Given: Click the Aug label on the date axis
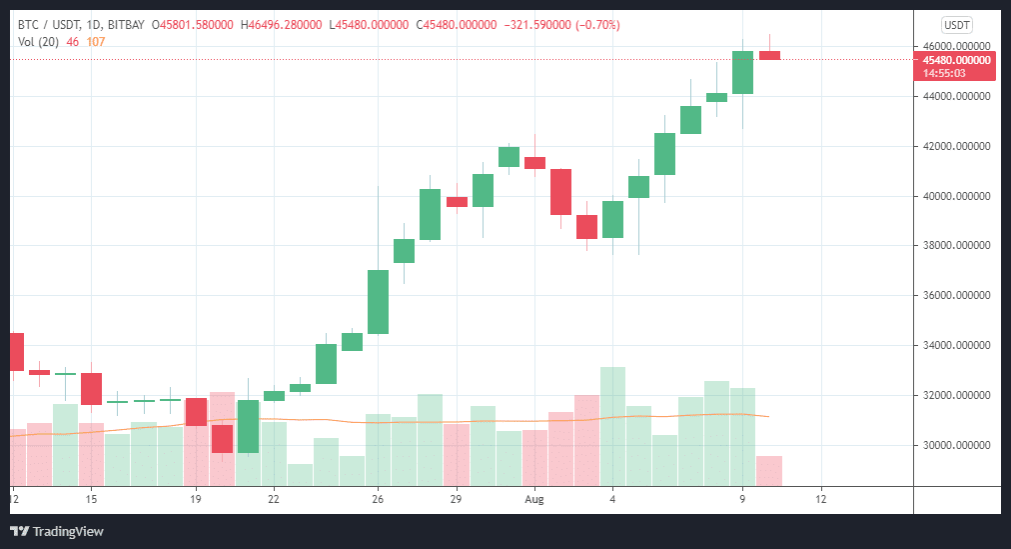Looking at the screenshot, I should click(535, 498).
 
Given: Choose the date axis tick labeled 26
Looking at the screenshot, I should click(378, 498).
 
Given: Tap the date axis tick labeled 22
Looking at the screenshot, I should click(273, 498).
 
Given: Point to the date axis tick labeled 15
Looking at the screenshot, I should click(91, 498).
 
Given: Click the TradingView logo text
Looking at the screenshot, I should click(68, 531).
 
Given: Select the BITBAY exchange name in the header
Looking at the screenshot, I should click(127, 25).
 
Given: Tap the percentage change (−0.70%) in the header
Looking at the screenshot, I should click(593, 25).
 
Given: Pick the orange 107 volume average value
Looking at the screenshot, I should click(95, 41).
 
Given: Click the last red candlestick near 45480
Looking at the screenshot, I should click(769, 55).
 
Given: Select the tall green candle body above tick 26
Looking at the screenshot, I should click(378, 301).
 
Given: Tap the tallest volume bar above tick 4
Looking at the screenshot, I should click(612, 425).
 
